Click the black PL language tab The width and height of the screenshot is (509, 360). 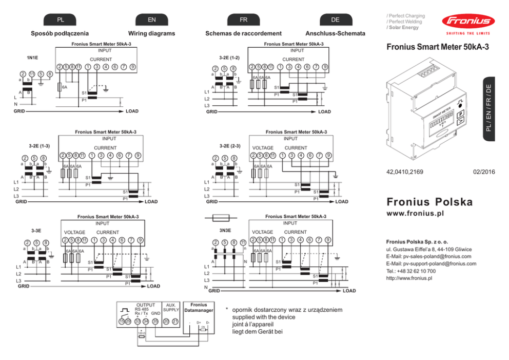coord(61,20)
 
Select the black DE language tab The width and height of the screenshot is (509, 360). coord(335,20)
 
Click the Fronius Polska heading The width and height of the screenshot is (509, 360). coord(430,202)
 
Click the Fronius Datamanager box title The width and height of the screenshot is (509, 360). coord(199,308)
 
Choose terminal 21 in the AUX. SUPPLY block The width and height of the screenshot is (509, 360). coord(175,321)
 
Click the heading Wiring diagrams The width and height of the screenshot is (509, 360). coord(151,33)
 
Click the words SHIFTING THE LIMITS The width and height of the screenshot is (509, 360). coord(467,33)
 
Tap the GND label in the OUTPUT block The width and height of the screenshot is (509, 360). coord(155,313)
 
